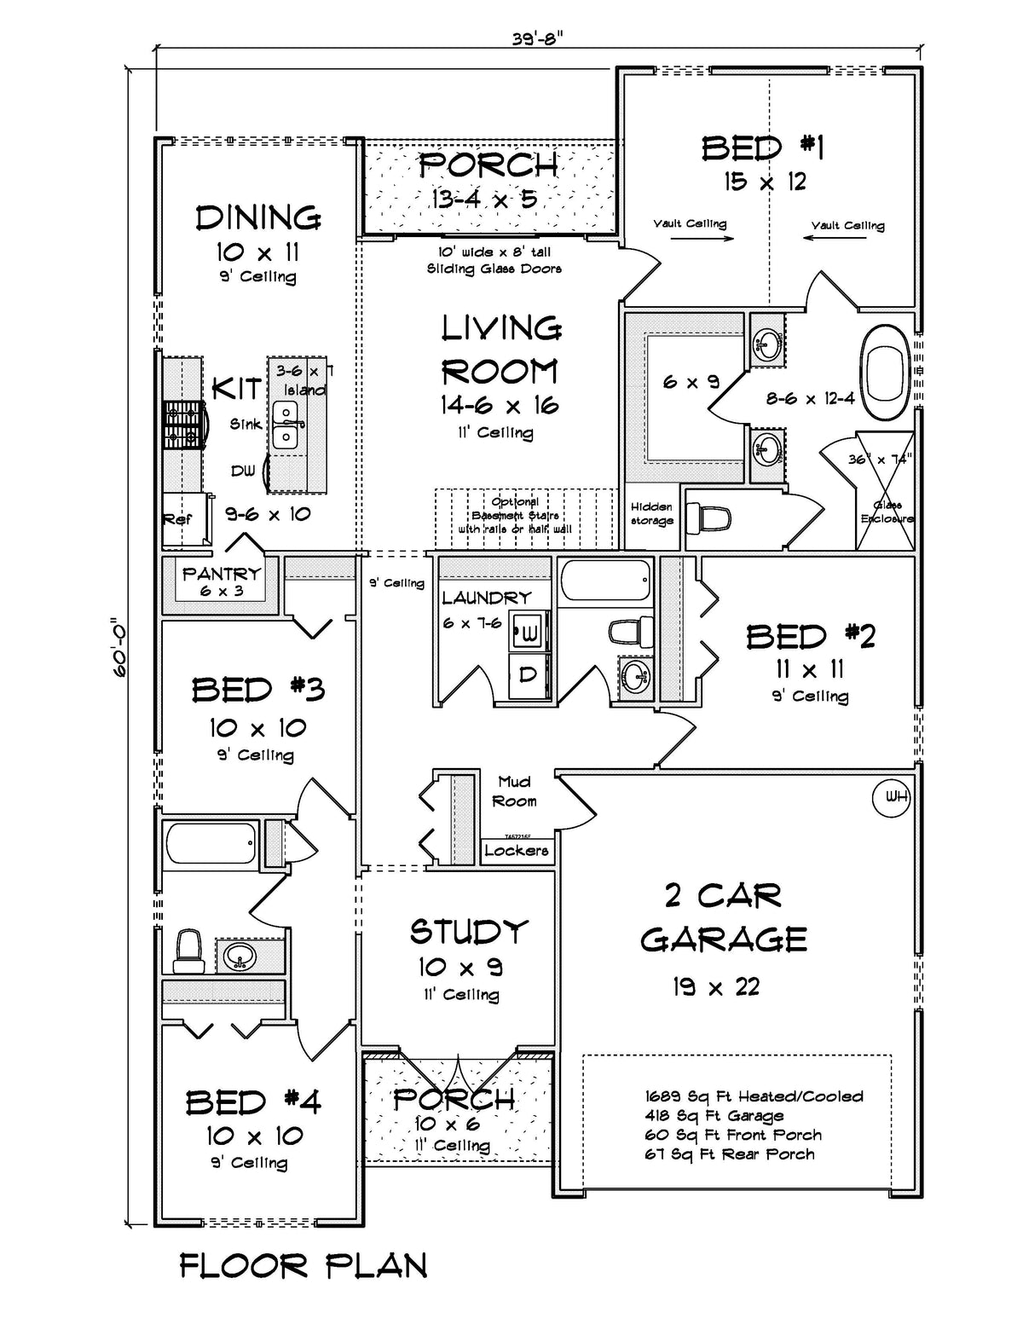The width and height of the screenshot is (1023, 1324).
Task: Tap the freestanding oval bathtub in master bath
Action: click(x=888, y=373)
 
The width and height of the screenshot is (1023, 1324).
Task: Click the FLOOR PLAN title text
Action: click(x=303, y=1266)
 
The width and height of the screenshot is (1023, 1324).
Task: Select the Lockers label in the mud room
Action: click(x=516, y=850)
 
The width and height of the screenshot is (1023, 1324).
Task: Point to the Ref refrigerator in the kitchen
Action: click(x=178, y=518)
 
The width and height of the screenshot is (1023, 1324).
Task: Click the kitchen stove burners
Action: click(x=184, y=425)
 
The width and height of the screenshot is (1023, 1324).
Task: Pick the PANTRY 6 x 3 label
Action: click(x=221, y=581)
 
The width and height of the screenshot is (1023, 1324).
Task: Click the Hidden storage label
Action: click(x=652, y=513)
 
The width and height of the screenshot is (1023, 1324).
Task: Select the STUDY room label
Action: click(x=468, y=931)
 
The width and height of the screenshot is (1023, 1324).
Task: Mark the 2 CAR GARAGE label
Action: click(x=723, y=917)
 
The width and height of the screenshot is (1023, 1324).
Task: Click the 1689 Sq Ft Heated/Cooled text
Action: click(x=754, y=1096)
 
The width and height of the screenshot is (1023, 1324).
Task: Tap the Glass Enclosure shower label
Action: click(x=887, y=512)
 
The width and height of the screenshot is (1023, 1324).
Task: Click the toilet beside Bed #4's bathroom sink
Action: click(x=188, y=951)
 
